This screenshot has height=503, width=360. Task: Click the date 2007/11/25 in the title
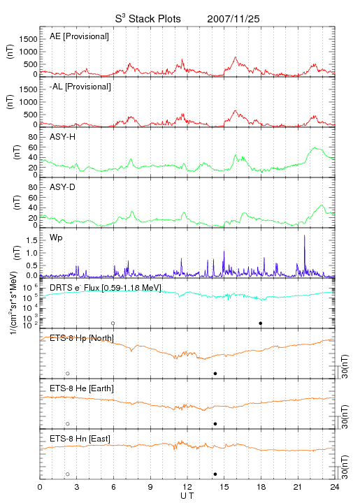233,19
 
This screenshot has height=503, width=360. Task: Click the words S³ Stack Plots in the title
148,19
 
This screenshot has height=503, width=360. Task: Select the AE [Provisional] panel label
79,36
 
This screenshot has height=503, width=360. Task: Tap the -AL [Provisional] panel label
80,87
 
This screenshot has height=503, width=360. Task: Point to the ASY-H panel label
63,137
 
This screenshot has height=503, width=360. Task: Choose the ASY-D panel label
63,187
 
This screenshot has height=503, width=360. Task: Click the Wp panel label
56,238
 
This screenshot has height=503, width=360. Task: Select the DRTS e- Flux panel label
106,287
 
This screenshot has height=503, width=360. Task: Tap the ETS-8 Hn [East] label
80,439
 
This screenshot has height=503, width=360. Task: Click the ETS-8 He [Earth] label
82,388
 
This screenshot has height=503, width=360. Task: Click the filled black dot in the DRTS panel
261,323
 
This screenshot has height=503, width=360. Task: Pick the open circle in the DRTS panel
113,323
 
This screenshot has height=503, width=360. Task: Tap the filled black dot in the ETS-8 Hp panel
215,373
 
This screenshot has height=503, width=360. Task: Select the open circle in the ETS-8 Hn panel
68,474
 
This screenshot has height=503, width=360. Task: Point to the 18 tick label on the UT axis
261,487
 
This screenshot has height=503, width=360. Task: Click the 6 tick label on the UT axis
113,487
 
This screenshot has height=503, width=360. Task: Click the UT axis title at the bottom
187,496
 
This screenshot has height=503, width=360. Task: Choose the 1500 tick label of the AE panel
28,39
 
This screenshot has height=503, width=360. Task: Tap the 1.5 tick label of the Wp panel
31,240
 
